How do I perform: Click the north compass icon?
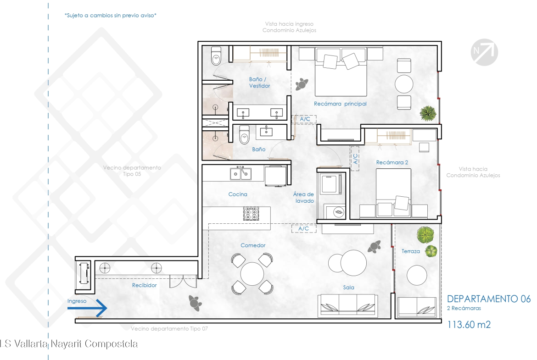484,52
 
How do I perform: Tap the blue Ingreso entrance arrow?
87,308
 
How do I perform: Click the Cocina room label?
238,194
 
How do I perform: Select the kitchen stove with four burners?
251,214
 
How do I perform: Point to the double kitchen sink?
241,173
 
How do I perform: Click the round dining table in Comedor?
252,274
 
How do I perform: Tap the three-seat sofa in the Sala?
348,305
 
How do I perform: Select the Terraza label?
411,251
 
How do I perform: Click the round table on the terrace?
417,275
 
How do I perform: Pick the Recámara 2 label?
392,162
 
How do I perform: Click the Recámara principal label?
340,104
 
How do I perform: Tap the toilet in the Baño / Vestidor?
216,56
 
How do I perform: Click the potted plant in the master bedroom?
428,113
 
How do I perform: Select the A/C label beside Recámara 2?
355,158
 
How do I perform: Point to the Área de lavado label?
303,198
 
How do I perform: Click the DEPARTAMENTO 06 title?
489,299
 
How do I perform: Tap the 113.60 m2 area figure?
469,324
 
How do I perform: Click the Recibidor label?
144,285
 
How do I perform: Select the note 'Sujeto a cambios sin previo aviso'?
110,16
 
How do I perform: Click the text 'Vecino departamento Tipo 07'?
169,328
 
